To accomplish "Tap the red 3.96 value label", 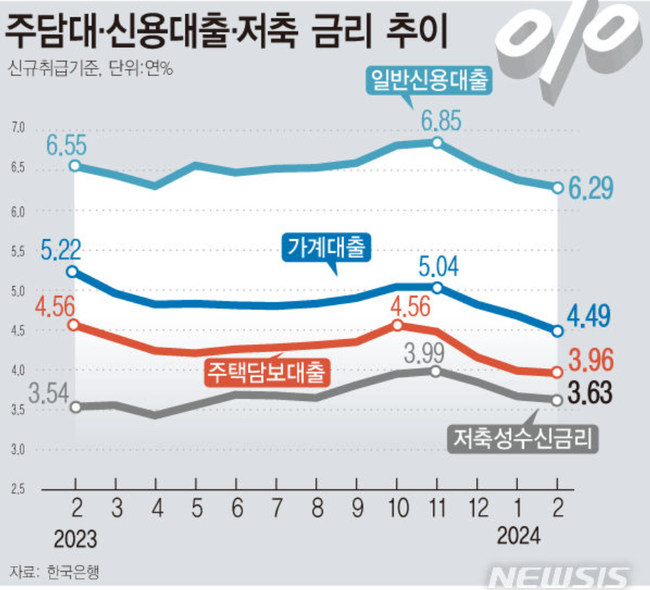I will pyautogui.click(x=591, y=359).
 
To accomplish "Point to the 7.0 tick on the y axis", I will pyautogui.click(x=17, y=129).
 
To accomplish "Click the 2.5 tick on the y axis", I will pyautogui.click(x=17, y=490).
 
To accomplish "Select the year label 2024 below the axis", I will pyautogui.click(x=518, y=536).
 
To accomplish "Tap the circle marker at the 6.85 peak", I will pyautogui.click(x=437, y=143).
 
